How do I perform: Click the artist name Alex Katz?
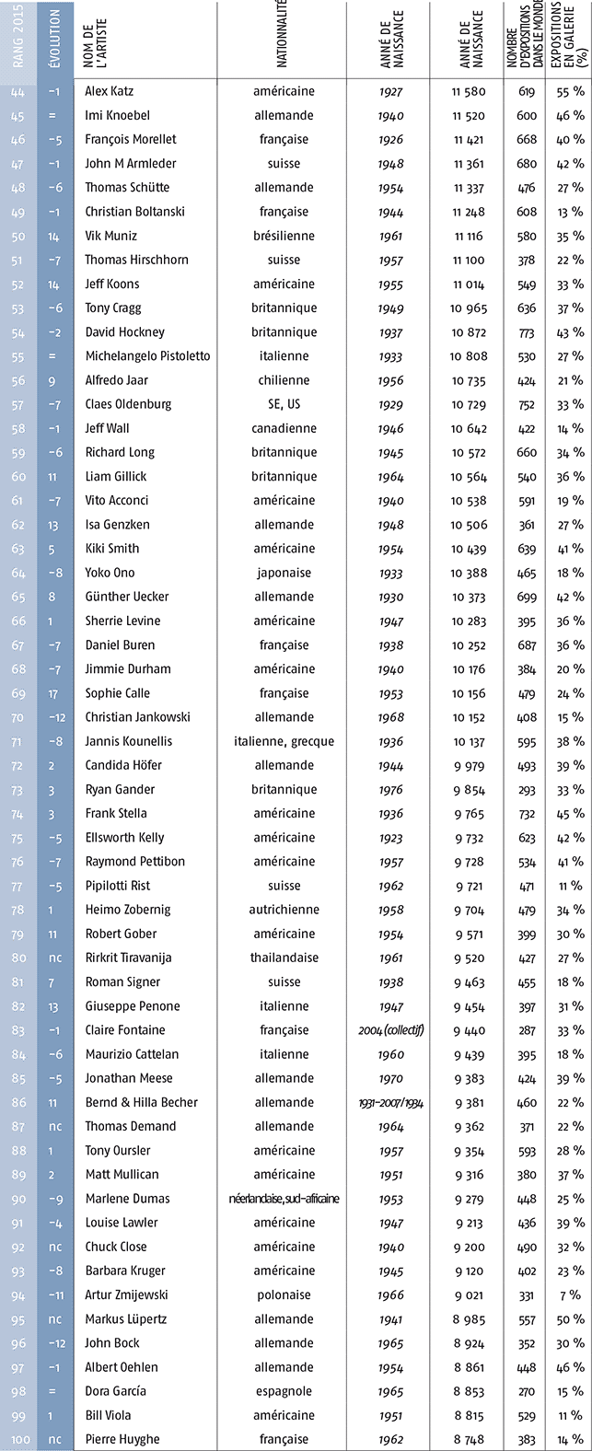coord(109,91)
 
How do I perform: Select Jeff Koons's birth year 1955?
coord(392,284)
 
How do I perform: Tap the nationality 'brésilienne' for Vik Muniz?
coord(284,236)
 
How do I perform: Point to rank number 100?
coord(19,1438)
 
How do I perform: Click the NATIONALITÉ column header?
coord(284,41)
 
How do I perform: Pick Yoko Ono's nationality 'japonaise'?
coord(284,573)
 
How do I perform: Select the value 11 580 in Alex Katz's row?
coord(469,91)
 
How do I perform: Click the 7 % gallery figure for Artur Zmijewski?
coord(571,1294)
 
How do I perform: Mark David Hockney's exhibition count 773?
coord(527,332)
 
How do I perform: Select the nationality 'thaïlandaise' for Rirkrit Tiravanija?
coord(284,958)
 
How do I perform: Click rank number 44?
coord(19,91)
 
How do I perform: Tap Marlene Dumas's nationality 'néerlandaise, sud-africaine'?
coord(284,1198)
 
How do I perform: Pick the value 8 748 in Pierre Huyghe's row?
coord(469,1438)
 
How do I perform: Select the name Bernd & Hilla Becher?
coord(141,1102)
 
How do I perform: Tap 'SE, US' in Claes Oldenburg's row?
coord(284,404)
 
